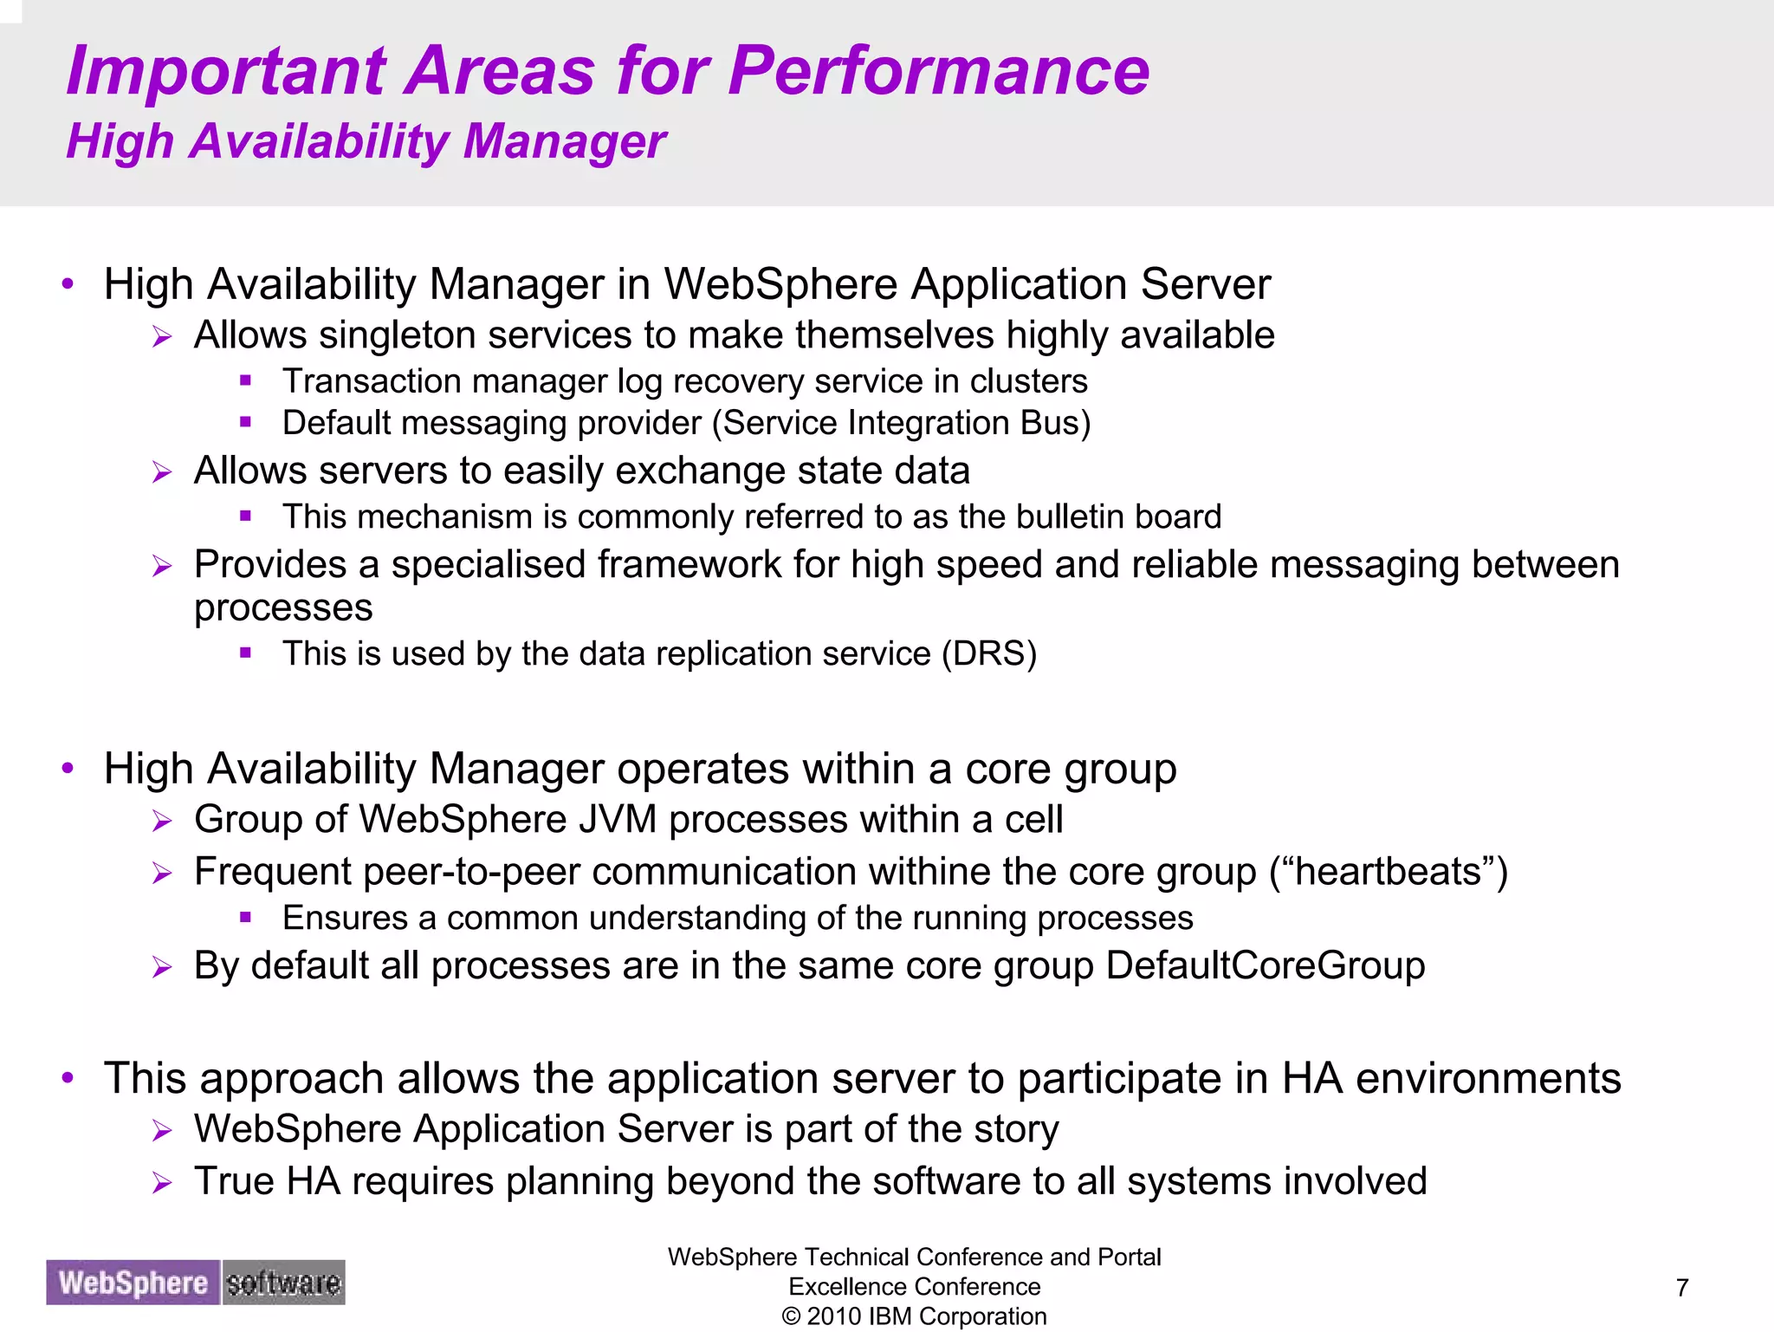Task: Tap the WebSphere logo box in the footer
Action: [133, 1283]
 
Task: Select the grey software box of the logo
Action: [283, 1283]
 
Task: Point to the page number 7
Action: [1682, 1288]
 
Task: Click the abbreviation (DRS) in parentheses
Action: [989, 653]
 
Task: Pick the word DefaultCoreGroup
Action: [1265, 965]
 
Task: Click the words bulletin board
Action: [1118, 517]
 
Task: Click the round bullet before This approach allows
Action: [68, 1078]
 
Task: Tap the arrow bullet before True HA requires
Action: [162, 1183]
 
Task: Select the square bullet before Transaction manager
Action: [246, 380]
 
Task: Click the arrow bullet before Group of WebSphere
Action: [162, 821]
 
